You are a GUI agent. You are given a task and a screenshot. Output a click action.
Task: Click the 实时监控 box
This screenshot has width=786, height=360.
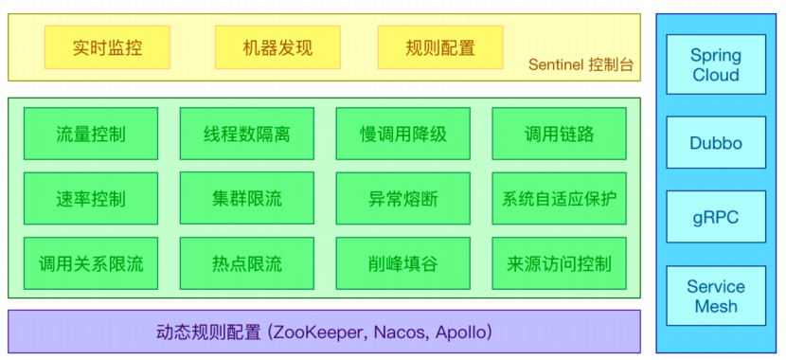[107, 47]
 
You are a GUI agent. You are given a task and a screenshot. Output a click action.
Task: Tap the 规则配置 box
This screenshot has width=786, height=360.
[440, 47]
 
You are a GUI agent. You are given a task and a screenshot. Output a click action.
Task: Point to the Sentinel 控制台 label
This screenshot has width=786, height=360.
[581, 66]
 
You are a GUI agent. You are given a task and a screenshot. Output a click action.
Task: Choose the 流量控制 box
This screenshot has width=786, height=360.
[91, 134]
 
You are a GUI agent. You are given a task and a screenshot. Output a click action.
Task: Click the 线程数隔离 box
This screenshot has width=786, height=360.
[247, 134]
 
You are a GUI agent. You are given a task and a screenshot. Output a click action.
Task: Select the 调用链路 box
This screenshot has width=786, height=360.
[559, 134]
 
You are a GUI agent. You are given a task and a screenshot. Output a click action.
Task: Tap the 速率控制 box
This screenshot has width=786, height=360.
[91, 199]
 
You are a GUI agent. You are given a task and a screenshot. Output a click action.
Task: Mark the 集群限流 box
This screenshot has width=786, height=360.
[247, 199]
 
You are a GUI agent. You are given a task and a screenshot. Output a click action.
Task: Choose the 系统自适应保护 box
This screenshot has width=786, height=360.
[559, 199]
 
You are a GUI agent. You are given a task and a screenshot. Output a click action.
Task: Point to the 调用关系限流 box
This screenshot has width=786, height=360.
[91, 263]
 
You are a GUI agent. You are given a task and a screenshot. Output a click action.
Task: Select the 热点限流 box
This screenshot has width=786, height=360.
[247, 263]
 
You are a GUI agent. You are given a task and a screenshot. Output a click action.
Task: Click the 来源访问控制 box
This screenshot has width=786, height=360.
[559, 263]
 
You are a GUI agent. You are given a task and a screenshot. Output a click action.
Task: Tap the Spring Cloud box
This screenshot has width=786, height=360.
[716, 64]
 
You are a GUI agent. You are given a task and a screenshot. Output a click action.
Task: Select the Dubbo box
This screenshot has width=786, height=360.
[716, 143]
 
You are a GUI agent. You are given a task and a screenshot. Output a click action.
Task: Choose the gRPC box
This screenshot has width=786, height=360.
[716, 218]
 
